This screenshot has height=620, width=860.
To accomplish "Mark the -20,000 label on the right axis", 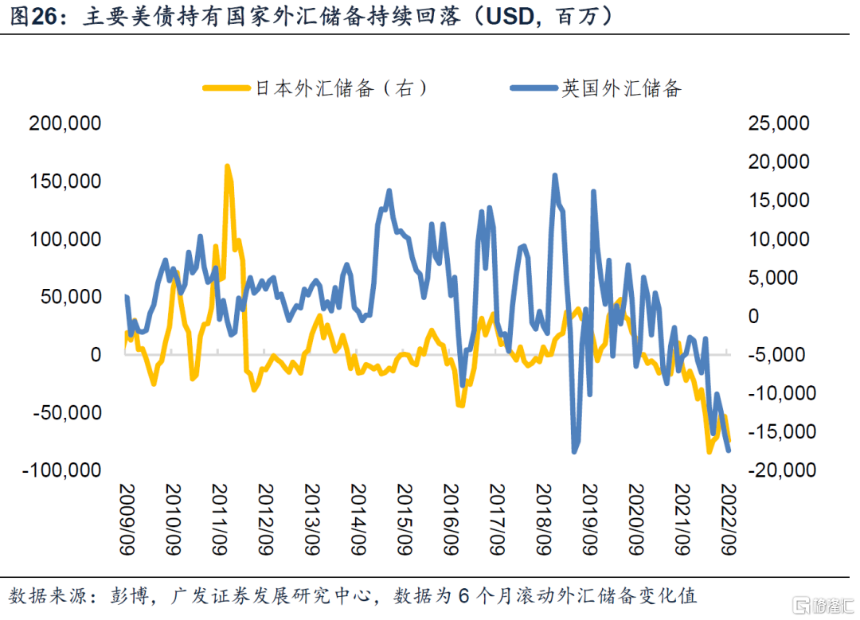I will pyautogui.click(x=773, y=470).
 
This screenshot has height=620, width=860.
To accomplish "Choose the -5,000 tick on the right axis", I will pyautogui.click(x=776, y=355).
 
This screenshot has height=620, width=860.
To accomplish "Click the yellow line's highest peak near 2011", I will pyautogui.click(x=227, y=166).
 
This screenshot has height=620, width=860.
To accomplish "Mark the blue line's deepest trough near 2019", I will pyautogui.click(x=574, y=451).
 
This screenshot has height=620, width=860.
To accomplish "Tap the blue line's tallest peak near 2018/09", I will pyautogui.click(x=554, y=176).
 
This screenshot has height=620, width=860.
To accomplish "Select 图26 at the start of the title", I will pyautogui.click(x=36, y=17).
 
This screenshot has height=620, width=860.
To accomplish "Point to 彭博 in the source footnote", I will pyautogui.click(x=126, y=596).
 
